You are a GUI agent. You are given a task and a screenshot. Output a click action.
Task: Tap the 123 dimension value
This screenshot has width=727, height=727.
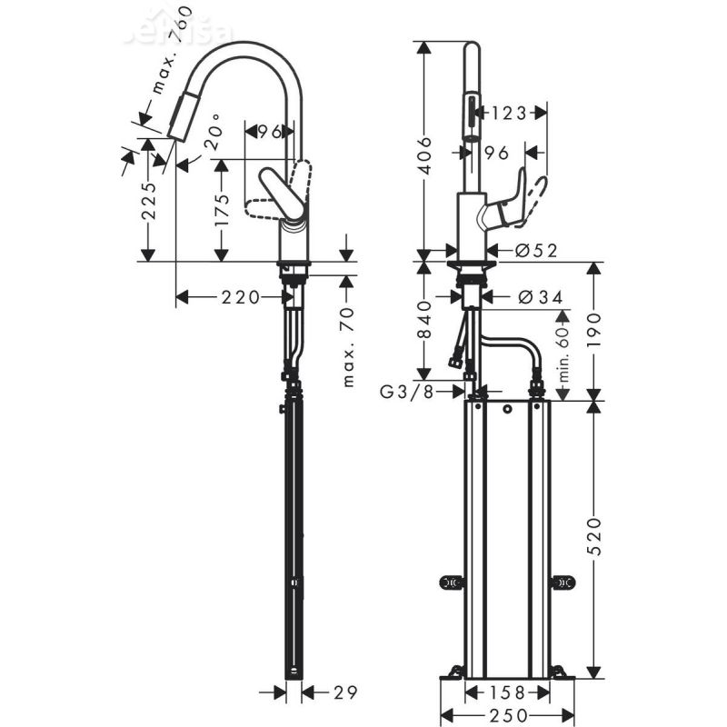[x=509, y=113]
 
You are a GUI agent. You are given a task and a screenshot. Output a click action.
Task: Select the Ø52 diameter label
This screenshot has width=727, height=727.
[x=535, y=250]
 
